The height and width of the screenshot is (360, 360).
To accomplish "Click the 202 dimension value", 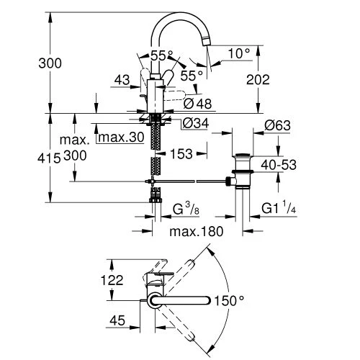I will click(x=276, y=78).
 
